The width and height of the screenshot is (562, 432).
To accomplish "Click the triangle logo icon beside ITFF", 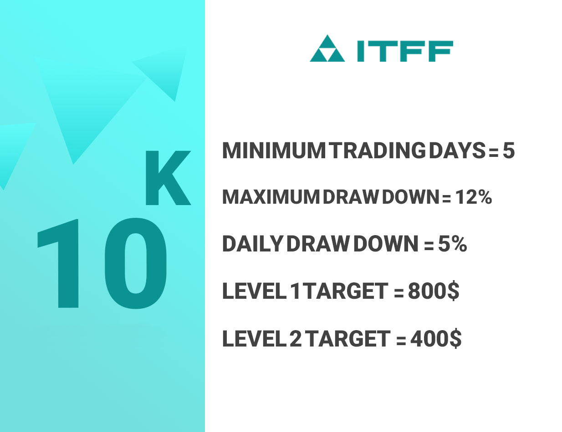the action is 327,48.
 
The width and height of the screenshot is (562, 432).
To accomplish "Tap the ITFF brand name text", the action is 405,51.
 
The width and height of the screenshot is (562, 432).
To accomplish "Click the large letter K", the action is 168,178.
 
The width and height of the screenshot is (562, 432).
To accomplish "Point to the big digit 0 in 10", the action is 136,264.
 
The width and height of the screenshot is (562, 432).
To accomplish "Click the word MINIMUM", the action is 274,151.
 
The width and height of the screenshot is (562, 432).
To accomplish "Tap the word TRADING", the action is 378,151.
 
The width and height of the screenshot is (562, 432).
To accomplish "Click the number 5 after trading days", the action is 508,151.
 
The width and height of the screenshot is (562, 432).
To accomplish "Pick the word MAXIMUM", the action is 271,197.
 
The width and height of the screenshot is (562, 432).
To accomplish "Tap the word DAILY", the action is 252,244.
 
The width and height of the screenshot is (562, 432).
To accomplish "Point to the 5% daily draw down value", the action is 452,244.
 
